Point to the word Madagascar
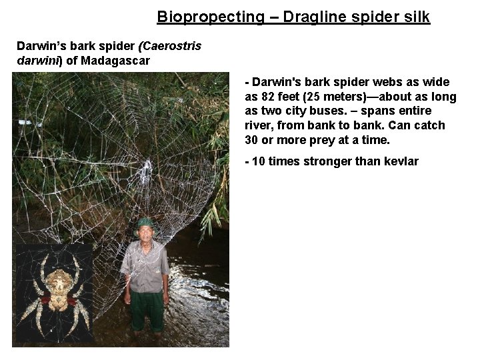click(120, 60)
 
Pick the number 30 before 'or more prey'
click(251, 140)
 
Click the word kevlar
click(402, 161)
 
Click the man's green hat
click(145, 223)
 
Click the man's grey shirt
click(145, 267)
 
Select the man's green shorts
click(147, 311)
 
